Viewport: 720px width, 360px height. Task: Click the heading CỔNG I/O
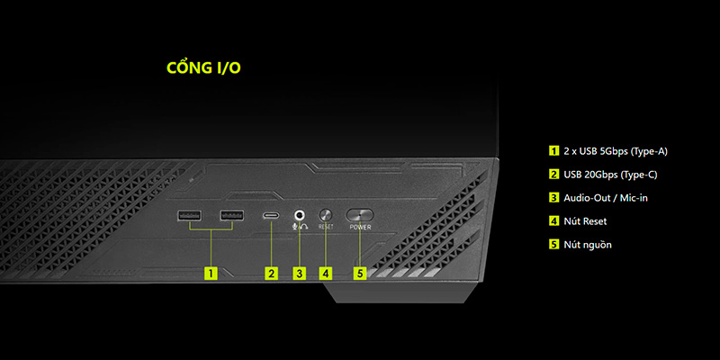coord(203,68)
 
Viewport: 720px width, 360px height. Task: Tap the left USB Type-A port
coord(189,216)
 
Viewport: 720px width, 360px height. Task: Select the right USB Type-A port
coord(231,216)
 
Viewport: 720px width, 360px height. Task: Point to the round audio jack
coord(300,215)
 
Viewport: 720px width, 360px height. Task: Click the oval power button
coord(360,215)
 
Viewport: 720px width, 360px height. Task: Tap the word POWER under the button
coord(360,228)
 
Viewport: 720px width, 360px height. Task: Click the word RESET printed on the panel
coord(326,228)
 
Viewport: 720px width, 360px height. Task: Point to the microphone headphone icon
coord(300,228)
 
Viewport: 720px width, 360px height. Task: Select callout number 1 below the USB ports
coord(211,272)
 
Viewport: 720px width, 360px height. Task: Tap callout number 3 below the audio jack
coord(300,272)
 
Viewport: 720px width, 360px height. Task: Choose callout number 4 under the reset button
coord(326,272)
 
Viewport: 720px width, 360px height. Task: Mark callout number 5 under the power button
coord(360,272)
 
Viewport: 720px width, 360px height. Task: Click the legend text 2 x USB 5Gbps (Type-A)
coord(615,150)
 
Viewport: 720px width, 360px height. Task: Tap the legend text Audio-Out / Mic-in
coord(604,197)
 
